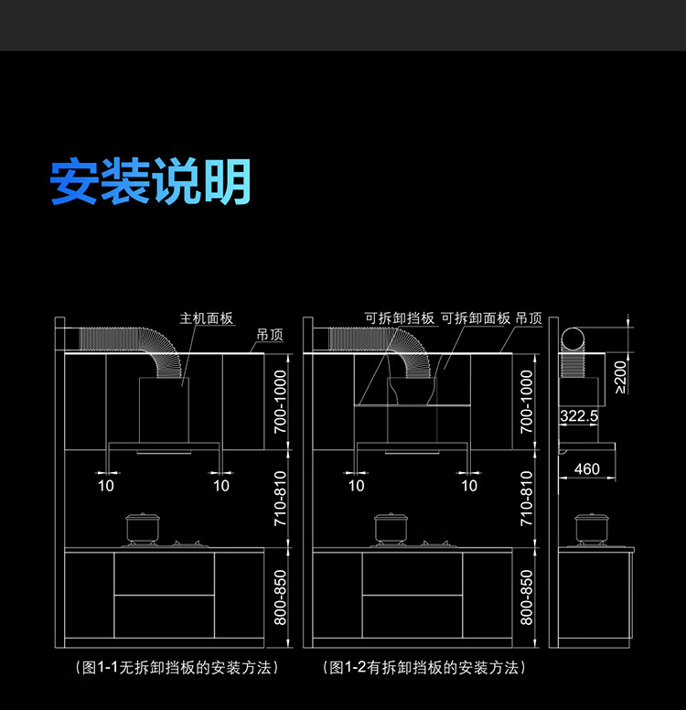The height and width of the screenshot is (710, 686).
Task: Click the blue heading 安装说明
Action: tap(150, 181)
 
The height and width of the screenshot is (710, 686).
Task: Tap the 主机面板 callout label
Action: tap(207, 318)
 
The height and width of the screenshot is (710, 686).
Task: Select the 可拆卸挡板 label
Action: tap(400, 318)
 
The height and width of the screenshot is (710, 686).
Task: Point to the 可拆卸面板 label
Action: tap(476, 318)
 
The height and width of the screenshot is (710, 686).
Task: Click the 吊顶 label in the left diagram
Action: tap(270, 335)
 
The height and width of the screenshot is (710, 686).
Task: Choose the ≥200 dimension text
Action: tap(620, 377)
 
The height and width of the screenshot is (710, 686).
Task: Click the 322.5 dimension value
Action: tap(579, 415)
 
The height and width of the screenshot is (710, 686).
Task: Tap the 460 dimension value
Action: tap(587, 468)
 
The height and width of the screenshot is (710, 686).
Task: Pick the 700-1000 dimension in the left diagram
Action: tap(281, 402)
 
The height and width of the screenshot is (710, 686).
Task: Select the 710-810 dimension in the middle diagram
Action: tap(527, 498)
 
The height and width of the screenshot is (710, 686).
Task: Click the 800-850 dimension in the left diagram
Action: tap(281, 597)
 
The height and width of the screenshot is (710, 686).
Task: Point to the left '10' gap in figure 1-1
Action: tap(106, 486)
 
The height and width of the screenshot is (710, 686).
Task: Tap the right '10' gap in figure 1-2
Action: tap(469, 486)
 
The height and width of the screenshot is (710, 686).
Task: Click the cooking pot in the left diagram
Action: tap(143, 528)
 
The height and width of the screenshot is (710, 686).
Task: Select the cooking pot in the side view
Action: tap(591, 529)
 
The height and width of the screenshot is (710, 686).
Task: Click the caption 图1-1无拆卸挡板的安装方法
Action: tap(177, 667)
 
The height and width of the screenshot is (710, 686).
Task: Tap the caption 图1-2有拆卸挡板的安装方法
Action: tap(424, 667)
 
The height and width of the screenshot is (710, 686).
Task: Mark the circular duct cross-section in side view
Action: tap(573, 340)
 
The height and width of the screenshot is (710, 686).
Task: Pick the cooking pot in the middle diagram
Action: tap(391, 528)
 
